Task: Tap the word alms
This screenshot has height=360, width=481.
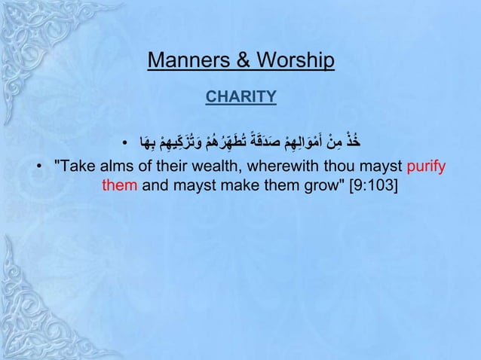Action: tap(116, 165)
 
